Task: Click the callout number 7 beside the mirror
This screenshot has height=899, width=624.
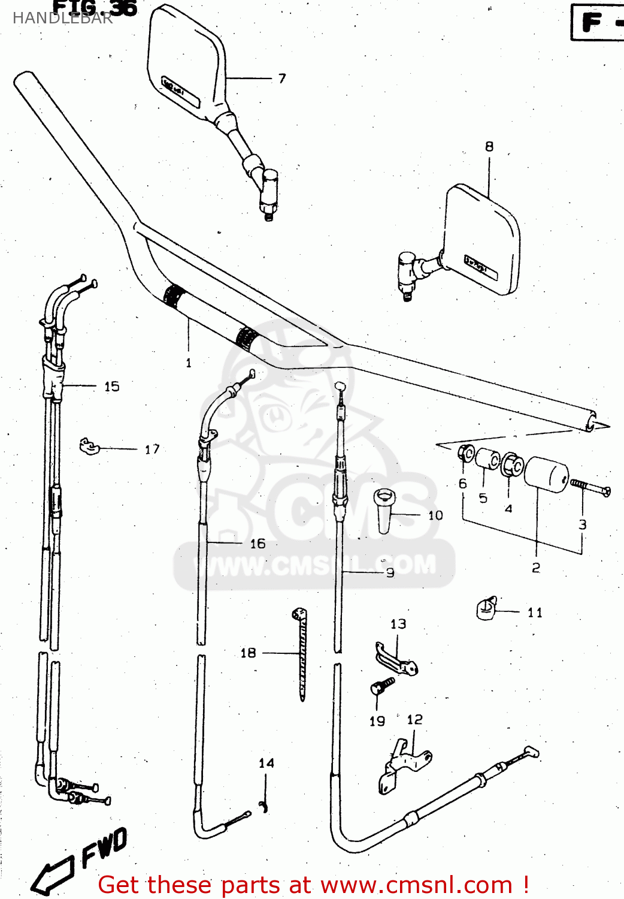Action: pyautogui.click(x=282, y=79)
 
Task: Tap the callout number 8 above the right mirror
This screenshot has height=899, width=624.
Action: pyautogui.click(x=489, y=146)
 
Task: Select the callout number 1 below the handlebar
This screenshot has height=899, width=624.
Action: pyautogui.click(x=189, y=363)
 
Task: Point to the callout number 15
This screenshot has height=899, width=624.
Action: pyautogui.click(x=112, y=387)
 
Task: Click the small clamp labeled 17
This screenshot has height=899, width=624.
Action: pyautogui.click(x=89, y=446)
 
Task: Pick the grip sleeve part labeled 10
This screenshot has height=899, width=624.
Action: pyautogui.click(x=384, y=510)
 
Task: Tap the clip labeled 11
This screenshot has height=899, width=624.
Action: pyautogui.click(x=487, y=609)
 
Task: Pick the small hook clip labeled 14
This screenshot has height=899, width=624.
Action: pyautogui.click(x=263, y=807)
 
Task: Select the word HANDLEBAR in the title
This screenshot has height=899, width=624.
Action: pyautogui.click(x=62, y=18)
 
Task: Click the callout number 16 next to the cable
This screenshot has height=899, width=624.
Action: pyautogui.click(x=258, y=544)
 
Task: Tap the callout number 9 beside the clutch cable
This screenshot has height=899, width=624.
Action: pyautogui.click(x=390, y=573)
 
